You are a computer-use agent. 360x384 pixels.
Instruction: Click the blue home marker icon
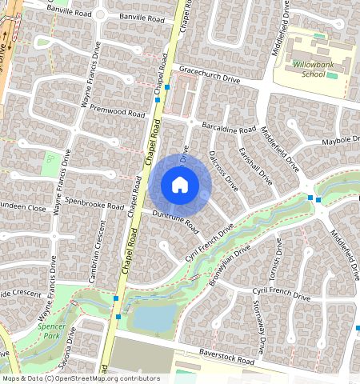pos(180,186)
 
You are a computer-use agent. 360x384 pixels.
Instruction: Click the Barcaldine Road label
pos(230,128)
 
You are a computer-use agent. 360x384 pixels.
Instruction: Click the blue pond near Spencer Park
pos(151,318)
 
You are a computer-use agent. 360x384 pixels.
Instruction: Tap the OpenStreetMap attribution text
pos(81,378)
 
